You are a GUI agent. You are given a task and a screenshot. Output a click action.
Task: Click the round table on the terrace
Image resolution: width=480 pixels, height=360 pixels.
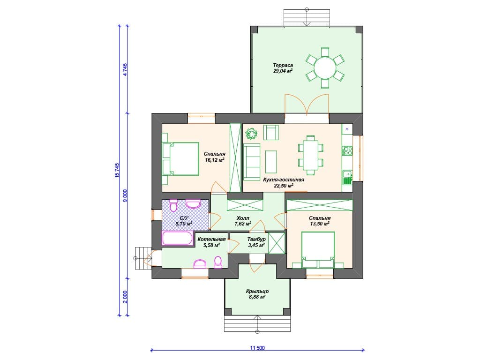(325, 68)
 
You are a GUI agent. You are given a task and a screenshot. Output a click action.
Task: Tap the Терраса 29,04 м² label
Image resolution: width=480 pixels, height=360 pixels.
(283, 68)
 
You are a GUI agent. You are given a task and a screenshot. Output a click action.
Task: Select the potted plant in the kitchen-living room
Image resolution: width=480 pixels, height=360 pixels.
(251, 134)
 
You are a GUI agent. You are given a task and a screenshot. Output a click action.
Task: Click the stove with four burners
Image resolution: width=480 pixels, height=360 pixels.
(347, 150)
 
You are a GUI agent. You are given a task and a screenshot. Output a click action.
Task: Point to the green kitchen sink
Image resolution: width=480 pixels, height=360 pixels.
(347, 177)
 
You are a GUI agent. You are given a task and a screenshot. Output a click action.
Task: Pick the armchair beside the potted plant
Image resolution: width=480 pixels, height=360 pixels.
(271, 132)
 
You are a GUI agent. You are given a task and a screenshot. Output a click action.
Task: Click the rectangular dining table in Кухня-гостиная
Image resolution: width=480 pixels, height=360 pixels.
(311, 156)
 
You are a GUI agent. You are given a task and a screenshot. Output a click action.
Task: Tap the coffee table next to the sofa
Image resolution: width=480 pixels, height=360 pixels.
(271, 162)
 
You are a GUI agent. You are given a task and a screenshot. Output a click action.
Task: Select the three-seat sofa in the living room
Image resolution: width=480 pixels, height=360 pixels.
(252, 161)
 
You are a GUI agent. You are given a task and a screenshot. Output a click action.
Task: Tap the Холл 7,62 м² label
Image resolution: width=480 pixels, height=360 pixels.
(243, 221)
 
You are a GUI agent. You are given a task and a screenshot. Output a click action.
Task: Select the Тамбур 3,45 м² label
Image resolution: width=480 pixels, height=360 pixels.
(256, 242)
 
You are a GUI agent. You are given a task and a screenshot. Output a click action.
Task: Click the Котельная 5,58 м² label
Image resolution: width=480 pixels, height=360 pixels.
(211, 242)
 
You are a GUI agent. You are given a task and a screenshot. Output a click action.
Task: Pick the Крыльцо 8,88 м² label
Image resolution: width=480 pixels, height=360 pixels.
(257, 294)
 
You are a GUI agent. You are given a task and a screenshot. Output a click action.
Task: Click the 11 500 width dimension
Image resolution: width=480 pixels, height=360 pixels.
(257, 348)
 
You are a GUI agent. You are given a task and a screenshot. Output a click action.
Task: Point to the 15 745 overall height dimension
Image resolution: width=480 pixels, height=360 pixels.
(117, 171)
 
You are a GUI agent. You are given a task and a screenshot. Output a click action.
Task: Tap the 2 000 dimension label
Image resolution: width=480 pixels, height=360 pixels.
(125, 297)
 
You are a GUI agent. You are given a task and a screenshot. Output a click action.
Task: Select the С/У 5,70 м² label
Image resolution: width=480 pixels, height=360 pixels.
(184, 221)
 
